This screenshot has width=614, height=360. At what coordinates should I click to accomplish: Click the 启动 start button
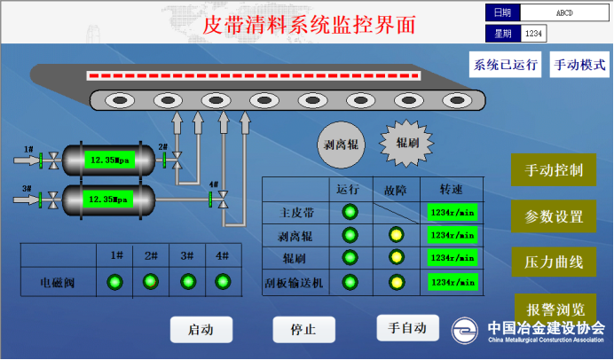pos(201,330)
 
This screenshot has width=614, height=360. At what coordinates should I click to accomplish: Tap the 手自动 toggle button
pos(407,327)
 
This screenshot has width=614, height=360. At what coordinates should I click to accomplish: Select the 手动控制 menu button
pos(554,170)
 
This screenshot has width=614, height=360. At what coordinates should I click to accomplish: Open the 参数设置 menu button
pos(554,216)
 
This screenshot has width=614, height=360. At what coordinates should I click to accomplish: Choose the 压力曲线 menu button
pos(554,262)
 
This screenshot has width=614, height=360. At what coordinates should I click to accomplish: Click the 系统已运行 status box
pos(506,65)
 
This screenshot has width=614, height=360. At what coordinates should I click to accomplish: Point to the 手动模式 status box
pos(579,65)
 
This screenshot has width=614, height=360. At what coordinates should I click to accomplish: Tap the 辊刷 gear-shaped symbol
pos(407,142)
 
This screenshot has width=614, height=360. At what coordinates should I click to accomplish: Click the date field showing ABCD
pos(564,12)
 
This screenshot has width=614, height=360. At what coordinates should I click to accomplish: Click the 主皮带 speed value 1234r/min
pos(453,213)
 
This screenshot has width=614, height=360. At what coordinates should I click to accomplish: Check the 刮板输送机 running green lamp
pos(350,283)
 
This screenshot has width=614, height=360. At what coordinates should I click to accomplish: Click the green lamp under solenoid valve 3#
pos(187,282)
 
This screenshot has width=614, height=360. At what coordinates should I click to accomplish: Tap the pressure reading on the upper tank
pos(112,160)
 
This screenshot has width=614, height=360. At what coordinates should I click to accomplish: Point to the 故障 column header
pos(396,189)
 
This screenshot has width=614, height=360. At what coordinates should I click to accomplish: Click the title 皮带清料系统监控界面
pos(309,24)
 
